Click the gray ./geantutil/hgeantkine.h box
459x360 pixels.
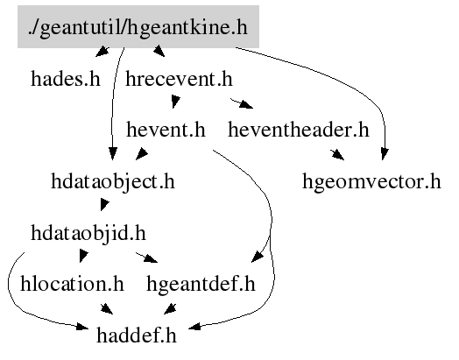click(x=138, y=26)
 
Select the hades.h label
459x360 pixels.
click(x=66, y=79)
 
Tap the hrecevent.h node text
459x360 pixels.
click(x=179, y=79)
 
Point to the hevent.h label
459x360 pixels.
click(x=166, y=130)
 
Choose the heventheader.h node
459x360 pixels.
click(x=299, y=130)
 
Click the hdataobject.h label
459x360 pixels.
click(x=113, y=181)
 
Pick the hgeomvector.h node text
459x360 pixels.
click(x=371, y=181)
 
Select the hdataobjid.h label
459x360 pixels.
click(x=88, y=233)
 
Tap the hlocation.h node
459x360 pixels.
click(x=72, y=284)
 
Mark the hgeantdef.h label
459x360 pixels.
click(x=201, y=285)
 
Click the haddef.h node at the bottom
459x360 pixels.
click(x=137, y=335)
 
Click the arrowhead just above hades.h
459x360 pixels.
click(x=102, y=52)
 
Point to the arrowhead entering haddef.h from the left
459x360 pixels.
click(x=82, y=326)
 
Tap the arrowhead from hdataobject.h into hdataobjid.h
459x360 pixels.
click(x=104, y=204)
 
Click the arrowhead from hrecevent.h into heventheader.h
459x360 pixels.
click(x=246, y=105)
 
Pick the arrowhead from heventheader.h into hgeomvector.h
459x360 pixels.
click(x=338, y=155)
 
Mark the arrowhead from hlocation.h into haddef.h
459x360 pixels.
click(x=107, y=309)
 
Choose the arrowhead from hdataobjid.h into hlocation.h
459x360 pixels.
click(x=83, y=256)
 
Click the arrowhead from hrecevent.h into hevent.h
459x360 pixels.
click(x=176, y=102)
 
